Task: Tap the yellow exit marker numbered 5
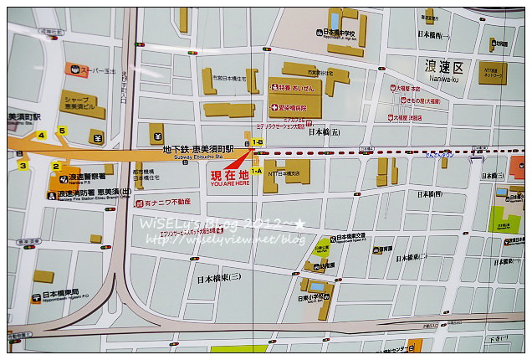[60, 130]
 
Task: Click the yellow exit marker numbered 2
[56, 166]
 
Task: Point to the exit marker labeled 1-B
[257, 143]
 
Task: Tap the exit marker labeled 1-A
[256, 170]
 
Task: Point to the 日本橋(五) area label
[325, 131]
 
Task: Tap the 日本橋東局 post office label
[60, 296]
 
